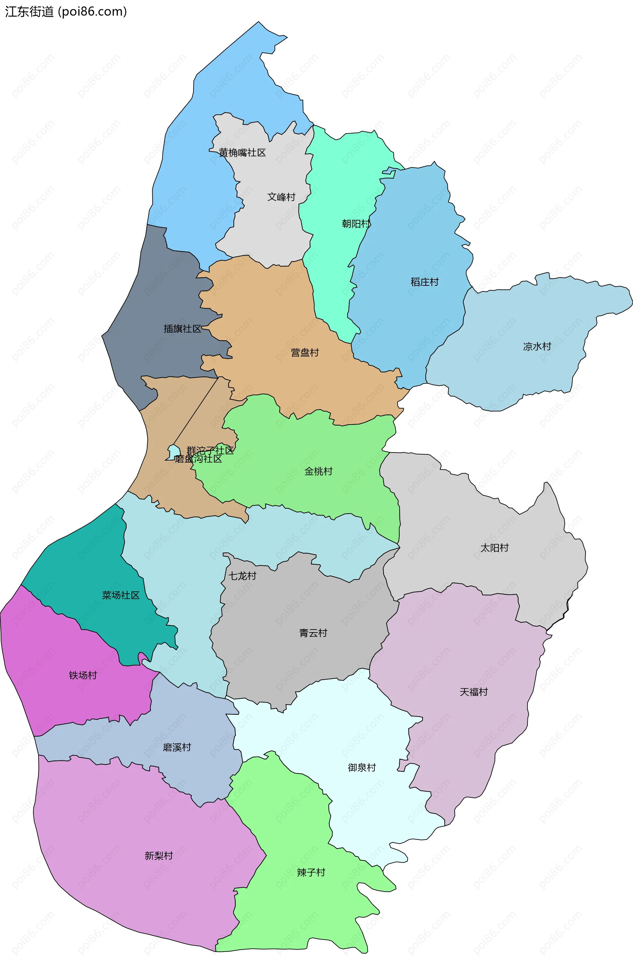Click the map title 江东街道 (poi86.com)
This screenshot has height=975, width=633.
66,12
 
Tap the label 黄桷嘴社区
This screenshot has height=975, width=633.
242,153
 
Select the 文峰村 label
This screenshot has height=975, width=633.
281,197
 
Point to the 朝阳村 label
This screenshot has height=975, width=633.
356,224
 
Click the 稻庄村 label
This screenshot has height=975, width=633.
424,282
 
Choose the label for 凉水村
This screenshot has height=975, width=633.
537,346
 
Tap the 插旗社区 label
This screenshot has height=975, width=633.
182,329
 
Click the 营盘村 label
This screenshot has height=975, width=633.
304,353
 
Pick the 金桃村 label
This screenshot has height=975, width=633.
318,472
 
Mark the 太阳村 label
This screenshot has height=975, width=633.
494,548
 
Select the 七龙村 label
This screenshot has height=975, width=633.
242,576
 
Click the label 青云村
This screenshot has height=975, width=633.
313,633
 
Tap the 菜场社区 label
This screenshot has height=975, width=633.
121,595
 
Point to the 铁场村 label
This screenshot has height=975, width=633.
83,675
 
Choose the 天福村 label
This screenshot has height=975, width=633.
474,692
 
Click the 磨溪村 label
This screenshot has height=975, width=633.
177,747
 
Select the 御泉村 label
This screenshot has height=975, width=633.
362,768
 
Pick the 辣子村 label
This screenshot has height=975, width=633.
311,872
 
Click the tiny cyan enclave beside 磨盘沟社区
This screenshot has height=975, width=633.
174,452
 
